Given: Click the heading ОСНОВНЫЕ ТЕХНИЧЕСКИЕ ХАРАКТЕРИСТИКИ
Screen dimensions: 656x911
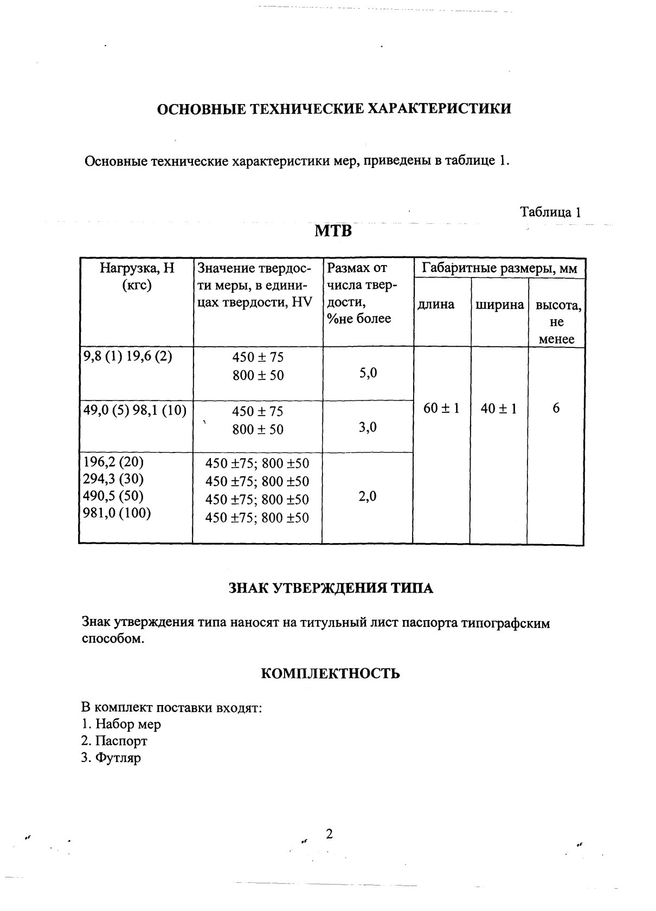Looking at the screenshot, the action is point(333,109).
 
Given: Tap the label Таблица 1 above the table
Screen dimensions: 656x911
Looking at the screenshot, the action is point(550,212).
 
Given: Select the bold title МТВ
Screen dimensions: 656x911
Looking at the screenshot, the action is point(333,231).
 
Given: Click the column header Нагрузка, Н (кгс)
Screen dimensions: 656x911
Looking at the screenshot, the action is point(137,276).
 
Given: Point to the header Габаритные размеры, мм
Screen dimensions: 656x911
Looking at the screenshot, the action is point(499,268).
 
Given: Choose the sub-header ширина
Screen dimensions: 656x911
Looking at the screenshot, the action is point(499,305).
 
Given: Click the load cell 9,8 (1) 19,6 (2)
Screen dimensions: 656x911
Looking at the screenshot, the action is point(127,357).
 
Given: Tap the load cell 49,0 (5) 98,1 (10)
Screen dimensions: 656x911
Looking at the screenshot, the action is point(134,411).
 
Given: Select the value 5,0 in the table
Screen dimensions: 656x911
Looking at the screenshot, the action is point(368,373).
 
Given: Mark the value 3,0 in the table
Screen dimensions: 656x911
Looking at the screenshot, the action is point(368,427).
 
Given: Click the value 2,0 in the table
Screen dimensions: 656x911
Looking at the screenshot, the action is point(368,496).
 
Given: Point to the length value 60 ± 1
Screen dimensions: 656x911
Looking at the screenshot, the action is point(441,408).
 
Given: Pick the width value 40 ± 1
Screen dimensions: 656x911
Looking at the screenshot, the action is point(499,408).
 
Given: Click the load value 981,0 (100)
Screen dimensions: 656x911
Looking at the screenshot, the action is point(117,513).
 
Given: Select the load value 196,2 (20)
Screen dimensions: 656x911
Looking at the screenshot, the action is point(113,462).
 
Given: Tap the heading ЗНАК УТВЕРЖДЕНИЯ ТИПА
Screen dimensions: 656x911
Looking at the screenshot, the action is point(331,589).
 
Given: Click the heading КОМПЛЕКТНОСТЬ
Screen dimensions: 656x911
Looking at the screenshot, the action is point(331,674).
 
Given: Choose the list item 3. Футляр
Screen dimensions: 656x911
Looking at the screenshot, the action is point(111,758).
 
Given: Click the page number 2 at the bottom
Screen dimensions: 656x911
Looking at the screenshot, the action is point(329,834).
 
